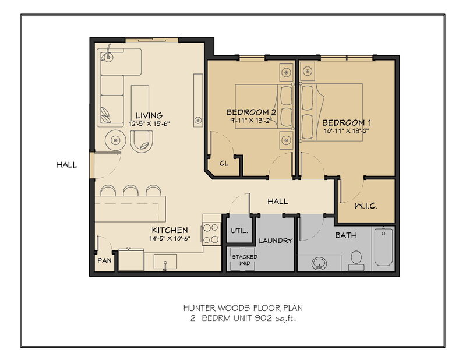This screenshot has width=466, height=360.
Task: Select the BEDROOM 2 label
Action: pyautogui.click(x=251, y=112)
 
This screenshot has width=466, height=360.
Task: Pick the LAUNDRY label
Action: pyautogui.click(x=276, y=241)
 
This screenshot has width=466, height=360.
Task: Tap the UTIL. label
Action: pyautogui.click(x=239, y=230)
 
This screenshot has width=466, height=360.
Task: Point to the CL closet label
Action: pyautogui.click(x=224, y=164)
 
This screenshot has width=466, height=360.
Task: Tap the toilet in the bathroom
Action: pyautogui.click(x=357, y=258)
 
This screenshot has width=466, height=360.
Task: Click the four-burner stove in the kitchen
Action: pyautogui.click(x=211, y=234)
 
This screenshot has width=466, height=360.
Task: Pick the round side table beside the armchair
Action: pyautogui.click(x=115, y=140)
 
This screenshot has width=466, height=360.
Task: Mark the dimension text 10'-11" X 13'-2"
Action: pyautogui.click(x=347, y=131)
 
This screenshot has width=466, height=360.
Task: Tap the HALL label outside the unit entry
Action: pyautogui.click(x=66, y=165)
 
